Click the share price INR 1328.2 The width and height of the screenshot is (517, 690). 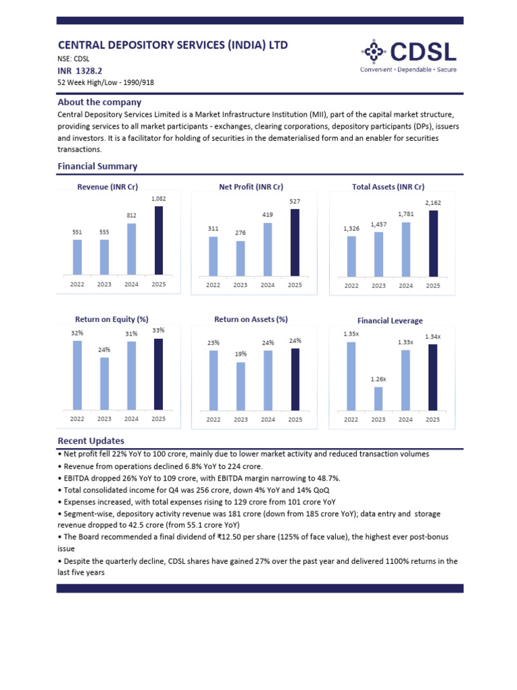(x=80, y=70)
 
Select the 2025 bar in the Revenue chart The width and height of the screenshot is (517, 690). (x=158, y=241)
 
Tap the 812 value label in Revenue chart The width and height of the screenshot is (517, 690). (x=131, y=216)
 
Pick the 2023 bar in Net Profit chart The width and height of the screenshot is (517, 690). (x=240, y=258)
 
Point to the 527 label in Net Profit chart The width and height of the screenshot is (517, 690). (x=295, y=201)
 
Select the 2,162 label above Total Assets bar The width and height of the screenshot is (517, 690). (x=433, y=201)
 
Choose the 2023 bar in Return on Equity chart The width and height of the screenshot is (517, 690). (x=104, y=383)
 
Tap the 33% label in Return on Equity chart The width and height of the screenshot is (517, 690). (x=158, y=330)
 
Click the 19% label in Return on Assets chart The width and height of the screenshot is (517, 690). (x=240, y=354)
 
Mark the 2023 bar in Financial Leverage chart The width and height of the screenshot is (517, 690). (x=378, y=398)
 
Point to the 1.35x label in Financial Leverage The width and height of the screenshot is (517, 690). (x=351, y=334)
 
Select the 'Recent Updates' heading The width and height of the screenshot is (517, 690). (x=91, y=441)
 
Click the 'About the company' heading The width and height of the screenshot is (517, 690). (x=100, y=102)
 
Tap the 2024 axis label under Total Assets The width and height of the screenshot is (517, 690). (x=406, y=286)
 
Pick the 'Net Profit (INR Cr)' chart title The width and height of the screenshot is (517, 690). (x=251, y=187)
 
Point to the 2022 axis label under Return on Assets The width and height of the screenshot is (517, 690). (x=213, y=419)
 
